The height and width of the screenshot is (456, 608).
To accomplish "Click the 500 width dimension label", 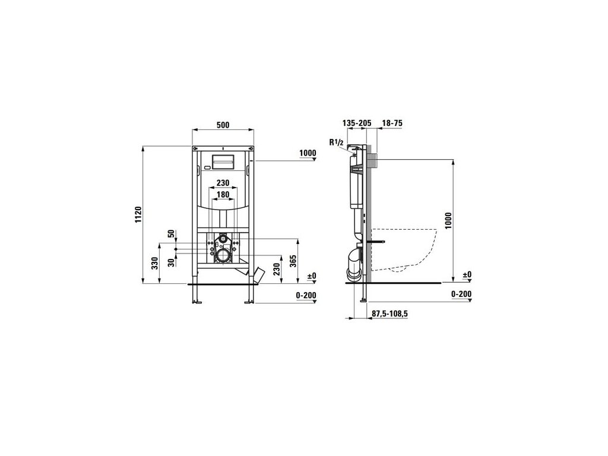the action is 223,125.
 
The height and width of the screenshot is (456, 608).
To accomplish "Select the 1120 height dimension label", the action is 139,215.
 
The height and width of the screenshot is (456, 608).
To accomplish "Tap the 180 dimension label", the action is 223,194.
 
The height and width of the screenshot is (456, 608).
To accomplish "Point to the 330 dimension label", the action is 155,263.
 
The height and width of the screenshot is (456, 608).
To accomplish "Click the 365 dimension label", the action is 293,261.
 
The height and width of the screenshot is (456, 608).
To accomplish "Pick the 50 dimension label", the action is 171,234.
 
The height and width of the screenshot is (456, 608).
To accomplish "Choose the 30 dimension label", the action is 171,262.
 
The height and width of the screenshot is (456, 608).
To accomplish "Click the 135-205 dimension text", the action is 357,123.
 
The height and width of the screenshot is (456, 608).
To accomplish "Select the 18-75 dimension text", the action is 392,123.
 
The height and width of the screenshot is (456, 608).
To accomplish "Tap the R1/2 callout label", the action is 336,142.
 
